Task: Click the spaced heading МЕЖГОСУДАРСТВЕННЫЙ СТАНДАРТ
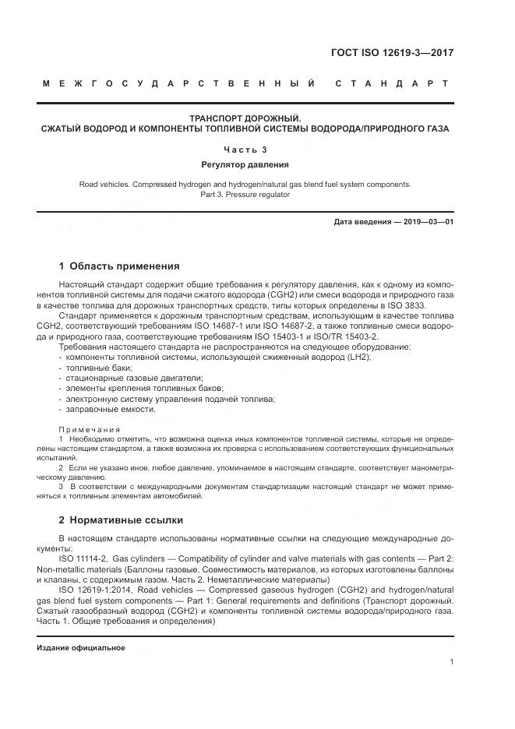(x=245, y=83)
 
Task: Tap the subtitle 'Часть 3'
(x=245, y=149)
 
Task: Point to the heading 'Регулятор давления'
(x=245, y=164)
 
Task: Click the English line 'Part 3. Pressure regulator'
(x=245, y=195)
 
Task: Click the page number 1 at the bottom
(x=452, y=662)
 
